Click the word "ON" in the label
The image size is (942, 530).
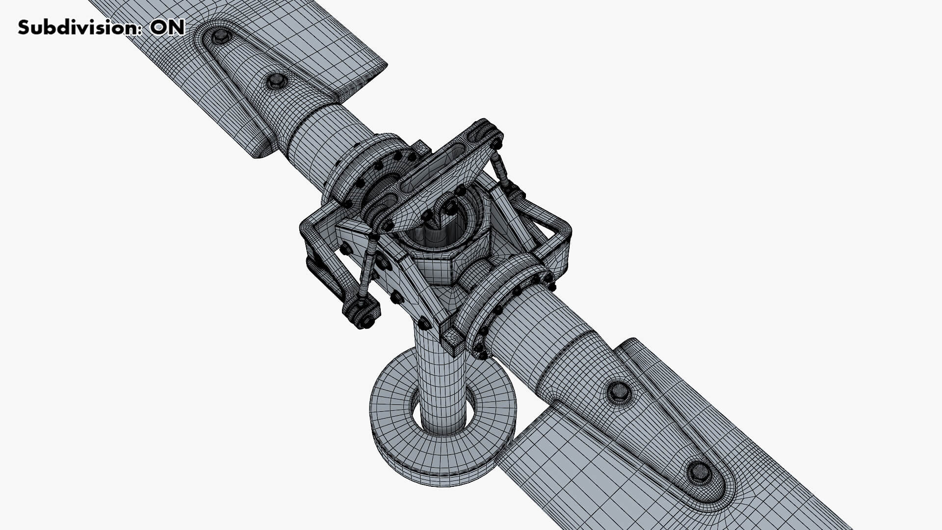(167, 27)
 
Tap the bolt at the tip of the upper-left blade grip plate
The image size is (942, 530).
(220, 36)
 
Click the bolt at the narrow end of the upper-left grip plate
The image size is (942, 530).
(276, 80)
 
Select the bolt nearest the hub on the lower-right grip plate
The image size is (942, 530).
(619, 391)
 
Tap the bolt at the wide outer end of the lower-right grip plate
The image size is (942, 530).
(699, 472)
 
